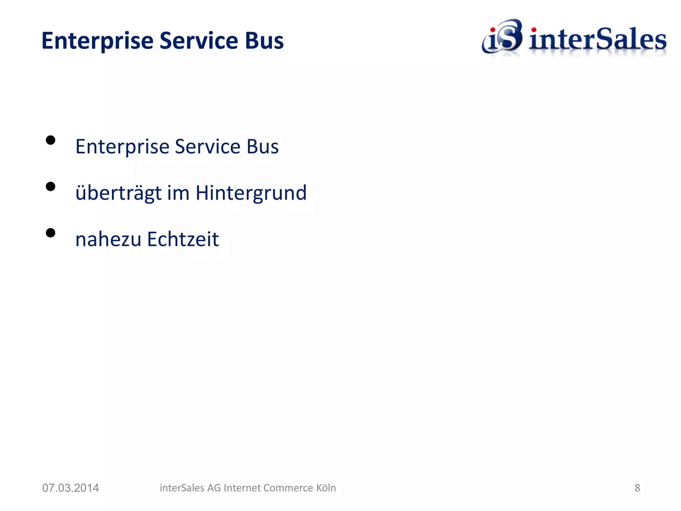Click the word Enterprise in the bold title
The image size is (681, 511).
97,41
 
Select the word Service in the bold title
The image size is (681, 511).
199,41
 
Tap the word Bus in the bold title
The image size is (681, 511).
264,41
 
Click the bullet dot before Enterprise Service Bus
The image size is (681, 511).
51,140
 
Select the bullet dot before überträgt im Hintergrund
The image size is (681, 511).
51,186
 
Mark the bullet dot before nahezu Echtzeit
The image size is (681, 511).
51,233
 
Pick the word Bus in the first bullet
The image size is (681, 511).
262,147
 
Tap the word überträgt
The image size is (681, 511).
119,193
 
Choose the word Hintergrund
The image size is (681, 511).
251,193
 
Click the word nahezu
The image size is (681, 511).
108,239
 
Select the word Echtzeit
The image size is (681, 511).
183,239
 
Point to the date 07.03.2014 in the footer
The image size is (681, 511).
70,488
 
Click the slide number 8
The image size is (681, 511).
637,488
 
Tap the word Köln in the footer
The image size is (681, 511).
326,488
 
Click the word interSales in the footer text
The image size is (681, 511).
182,488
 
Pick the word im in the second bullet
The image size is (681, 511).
178,193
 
